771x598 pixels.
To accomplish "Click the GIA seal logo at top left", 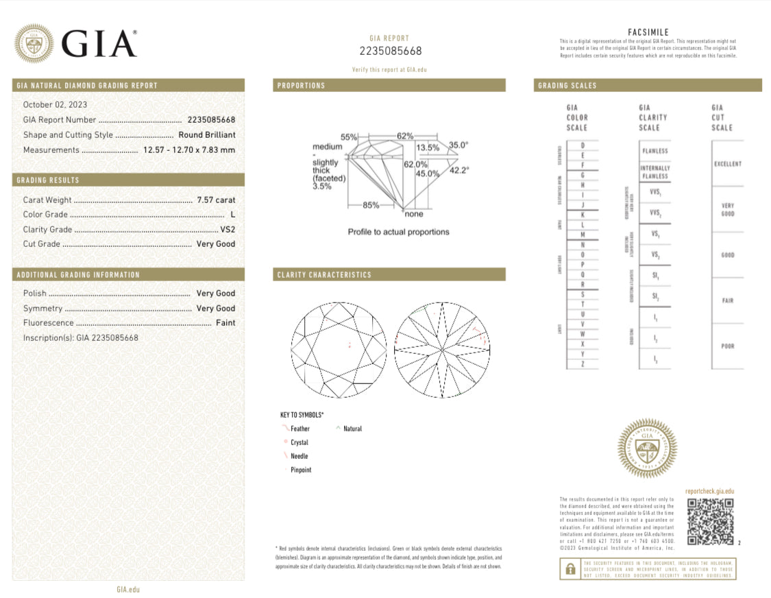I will coord(34,44).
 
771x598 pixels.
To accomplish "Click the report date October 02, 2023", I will coord(55,105).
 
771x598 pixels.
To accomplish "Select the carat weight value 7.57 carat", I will coord(216,200).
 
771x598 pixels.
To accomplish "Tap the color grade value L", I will coord(233,215).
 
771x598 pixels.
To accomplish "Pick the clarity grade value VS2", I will coord(228,230).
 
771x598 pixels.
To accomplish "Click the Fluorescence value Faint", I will coord(225,323).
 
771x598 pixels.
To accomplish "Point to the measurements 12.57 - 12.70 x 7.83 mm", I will coord(188,150).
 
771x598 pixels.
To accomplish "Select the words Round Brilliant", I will coord(206,135).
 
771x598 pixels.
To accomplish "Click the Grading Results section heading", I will coord(48,180).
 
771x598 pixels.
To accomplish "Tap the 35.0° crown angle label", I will coord(458,145).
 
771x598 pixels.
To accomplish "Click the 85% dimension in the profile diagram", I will coord(371,205).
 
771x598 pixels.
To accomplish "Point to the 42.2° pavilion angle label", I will coord(458,171).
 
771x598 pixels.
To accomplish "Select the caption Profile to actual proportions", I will coord(398,232).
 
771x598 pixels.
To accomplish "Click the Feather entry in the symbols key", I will coord(299,429).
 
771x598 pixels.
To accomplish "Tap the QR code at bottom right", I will coord(710,521).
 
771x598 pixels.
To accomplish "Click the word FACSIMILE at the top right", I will coord(648,32).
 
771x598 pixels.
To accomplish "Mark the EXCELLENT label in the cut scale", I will coord(727,164).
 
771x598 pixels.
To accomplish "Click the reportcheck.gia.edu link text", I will coord(709,491).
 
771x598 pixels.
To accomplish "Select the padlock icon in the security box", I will coord(570,569).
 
